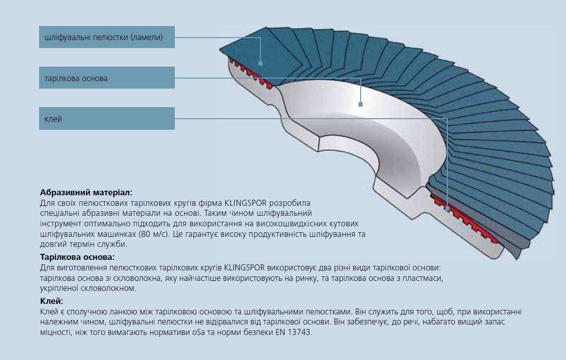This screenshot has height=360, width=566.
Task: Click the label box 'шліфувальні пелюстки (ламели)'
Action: (x=107, y=37)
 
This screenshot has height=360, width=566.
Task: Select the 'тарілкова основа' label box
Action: (x=107, y=78)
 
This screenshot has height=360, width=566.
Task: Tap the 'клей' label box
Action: (x=107, y=118)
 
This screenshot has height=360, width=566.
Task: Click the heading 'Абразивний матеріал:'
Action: (x=86, y=193)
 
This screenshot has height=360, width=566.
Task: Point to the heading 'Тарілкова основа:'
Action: (x=77, y=257)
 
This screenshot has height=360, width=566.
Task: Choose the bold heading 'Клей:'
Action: (x=52, y=301)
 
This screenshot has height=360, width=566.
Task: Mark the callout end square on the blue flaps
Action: (x=260, y=64)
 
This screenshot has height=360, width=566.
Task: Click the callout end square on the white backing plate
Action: (x=360, y=104)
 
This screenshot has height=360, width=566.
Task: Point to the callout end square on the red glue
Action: (x=447, y=208)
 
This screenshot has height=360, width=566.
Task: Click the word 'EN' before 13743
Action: (x=280, y=332)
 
